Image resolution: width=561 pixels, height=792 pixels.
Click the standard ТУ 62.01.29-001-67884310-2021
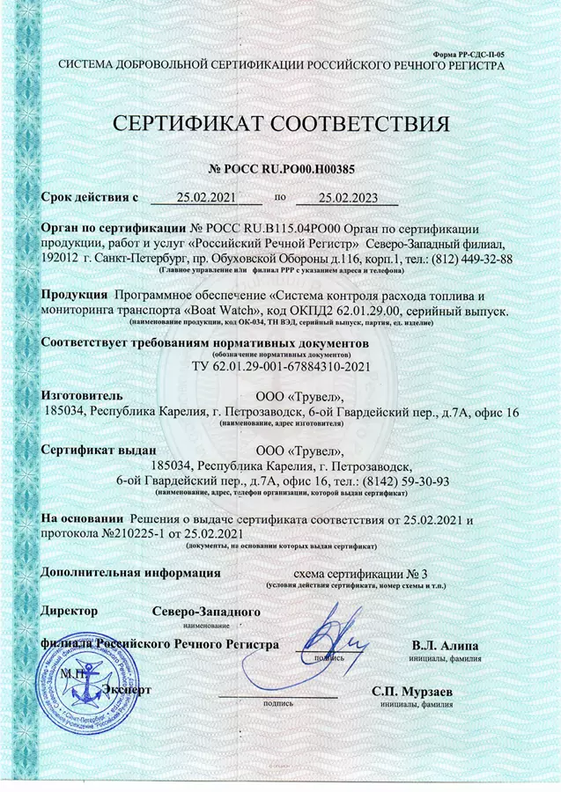coord(280,366)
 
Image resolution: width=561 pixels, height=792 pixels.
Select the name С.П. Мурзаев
coord(412,693)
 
